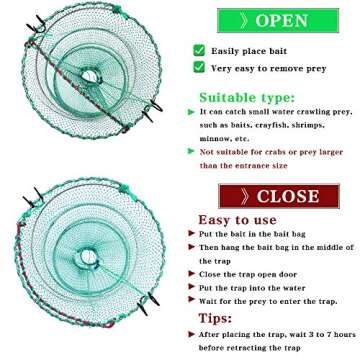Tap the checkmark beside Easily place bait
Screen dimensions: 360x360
coord(199,50)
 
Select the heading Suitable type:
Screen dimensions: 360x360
coord(246,97)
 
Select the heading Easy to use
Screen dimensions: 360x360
coord(237,220)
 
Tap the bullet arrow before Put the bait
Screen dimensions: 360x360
coord(191,233)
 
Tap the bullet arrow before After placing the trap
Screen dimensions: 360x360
coord(191,333)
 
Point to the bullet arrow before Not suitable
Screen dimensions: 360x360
coord(191,151)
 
